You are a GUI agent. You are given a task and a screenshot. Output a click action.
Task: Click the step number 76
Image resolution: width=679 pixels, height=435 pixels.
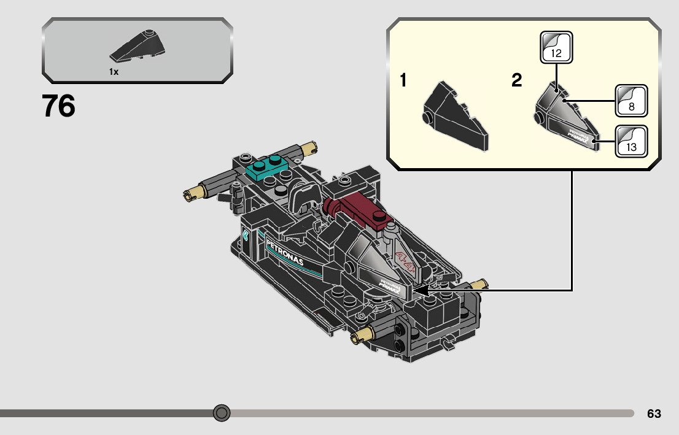59,106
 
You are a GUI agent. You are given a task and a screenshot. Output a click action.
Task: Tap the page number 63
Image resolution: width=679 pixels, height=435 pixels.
654,414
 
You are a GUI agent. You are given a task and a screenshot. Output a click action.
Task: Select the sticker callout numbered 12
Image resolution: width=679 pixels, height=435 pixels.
556,47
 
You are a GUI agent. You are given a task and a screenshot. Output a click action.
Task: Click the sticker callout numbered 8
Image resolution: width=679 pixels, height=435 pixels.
632,101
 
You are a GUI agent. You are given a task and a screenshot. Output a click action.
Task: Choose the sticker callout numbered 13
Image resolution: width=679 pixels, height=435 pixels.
632,141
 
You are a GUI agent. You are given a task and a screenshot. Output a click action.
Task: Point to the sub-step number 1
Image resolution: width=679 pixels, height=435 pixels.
403,80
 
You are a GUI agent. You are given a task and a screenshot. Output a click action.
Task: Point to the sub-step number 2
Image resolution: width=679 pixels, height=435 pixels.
517,80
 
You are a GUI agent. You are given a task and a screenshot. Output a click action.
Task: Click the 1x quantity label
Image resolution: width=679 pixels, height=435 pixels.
114,72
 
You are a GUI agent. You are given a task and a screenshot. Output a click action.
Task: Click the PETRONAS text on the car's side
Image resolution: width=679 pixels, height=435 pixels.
285,253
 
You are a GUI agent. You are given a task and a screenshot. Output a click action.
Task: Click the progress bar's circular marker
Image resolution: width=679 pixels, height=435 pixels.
222,413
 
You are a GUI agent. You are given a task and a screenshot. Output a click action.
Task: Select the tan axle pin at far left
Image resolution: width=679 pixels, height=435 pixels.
191,195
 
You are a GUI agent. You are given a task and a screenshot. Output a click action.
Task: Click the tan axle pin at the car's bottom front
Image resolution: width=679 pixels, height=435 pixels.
360,335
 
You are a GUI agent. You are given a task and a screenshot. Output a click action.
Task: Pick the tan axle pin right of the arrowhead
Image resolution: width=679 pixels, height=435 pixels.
479,285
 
